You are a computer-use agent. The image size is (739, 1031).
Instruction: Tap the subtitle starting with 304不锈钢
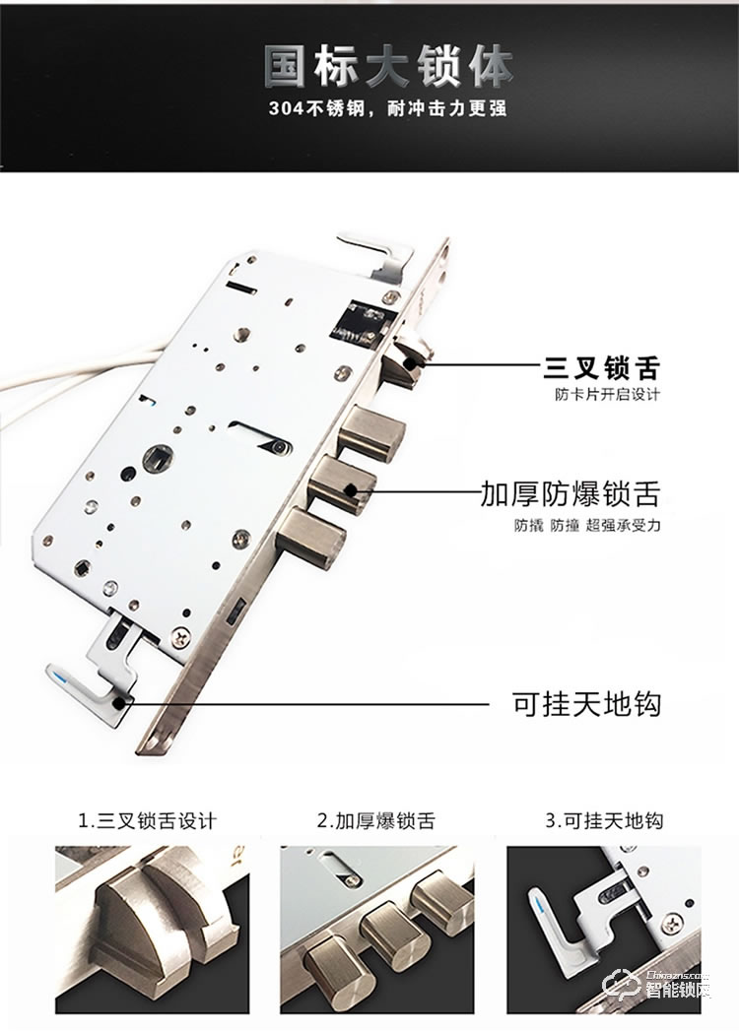[387, 108]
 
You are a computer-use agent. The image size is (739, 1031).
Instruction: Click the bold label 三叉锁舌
[601, 369]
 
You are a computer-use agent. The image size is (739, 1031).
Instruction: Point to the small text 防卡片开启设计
[606, 395]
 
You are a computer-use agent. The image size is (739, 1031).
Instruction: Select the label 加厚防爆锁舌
[570, 492]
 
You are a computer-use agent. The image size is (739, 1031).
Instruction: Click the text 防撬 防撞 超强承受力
[586, 524]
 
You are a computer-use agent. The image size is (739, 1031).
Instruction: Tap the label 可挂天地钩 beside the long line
[586, 704]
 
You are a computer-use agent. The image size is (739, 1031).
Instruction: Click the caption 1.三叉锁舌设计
[147, 820]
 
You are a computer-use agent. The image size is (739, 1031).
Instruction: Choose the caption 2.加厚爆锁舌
[375, 820]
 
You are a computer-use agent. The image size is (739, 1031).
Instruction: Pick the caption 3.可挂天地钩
[604, 820]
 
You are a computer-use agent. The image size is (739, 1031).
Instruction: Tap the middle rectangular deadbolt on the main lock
[344, 484]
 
